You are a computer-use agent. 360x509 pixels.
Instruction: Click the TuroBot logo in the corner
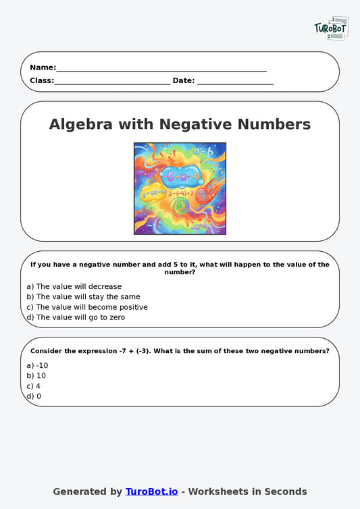[x=331, y=28]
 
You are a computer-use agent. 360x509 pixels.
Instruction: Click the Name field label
[x=43, y=68]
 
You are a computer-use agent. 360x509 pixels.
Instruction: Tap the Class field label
[x=41, y=80]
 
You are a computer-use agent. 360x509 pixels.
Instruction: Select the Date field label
[x=183, y=80]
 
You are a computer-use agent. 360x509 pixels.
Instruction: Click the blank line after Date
[x=235, y=82]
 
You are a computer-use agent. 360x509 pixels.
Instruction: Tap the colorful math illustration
[x=180, y=188]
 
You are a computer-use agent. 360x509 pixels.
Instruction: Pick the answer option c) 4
[x=34, y=386]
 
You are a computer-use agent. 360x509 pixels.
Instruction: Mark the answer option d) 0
[x=34, y=396]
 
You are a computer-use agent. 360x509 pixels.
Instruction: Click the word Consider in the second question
[x=49, y=351]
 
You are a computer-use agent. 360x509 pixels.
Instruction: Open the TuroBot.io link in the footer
[x=151, y=491]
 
